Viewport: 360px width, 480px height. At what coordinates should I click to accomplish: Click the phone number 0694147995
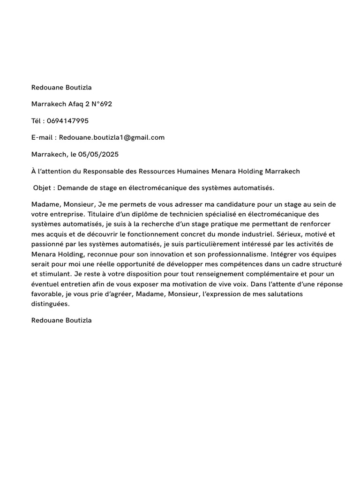[x=67, y=121]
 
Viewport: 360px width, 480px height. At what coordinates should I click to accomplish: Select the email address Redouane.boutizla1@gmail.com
[x=112, y=137]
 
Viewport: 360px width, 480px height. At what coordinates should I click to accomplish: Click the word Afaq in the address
[x=72, y=104]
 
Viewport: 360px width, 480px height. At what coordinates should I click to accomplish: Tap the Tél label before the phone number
[x=37, y=121]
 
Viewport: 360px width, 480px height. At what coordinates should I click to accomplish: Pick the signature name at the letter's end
[x=61, y=320]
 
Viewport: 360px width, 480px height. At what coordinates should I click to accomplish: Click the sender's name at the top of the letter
[x=61, y=87]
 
